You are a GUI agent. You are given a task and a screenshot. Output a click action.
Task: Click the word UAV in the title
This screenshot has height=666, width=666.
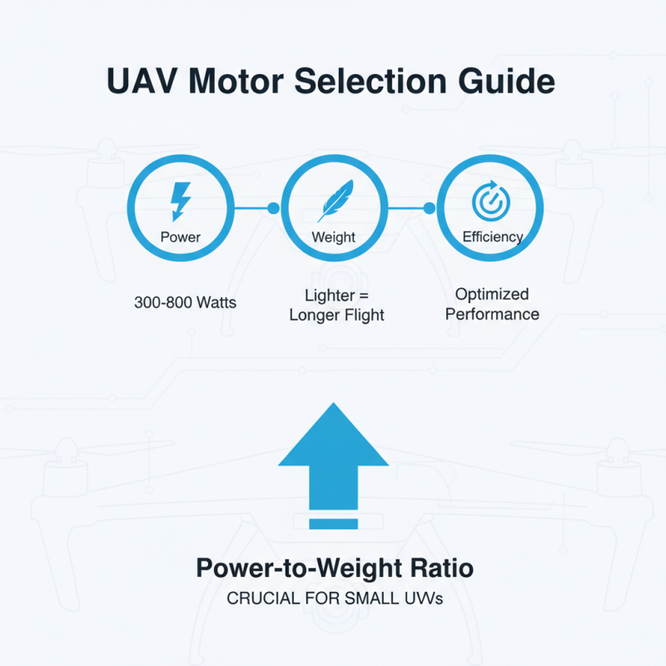click(x=142, y=81)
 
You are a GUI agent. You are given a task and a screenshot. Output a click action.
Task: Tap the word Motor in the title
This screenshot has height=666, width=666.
click(x=236, y=81)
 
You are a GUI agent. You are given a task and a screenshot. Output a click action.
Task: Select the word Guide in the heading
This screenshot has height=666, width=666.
click(x=506, y=81)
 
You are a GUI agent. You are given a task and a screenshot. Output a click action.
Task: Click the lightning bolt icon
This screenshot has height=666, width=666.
click(x=181, y=201)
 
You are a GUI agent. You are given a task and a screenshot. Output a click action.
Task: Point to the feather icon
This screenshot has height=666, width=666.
click(x=335, y=201)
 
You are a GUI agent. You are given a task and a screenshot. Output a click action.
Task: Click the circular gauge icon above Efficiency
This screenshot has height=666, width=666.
click(x=491, y=201)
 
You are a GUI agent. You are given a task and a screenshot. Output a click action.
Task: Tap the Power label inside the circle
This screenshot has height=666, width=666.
click(x=181, y=237)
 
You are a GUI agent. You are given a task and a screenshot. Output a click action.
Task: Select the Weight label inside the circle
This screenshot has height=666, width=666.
click(x=334, y=237)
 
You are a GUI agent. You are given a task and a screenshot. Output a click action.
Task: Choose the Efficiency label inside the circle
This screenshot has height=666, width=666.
click(x=492, y=237)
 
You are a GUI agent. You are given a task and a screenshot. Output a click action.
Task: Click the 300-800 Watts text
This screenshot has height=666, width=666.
click(x=185, y=302)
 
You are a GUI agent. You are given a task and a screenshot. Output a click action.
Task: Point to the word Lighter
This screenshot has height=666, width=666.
click(x=330, y=296)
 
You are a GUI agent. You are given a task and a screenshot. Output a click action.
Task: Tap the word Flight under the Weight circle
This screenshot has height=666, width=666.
click(x=365, y=316)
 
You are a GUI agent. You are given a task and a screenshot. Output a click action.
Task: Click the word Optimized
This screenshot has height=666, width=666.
click(x=492, y=294)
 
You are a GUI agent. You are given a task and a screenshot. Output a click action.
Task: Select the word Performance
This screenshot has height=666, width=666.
click(x=492, y=315)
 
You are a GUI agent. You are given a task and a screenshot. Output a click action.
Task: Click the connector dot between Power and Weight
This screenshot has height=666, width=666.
click(x=274, y=208)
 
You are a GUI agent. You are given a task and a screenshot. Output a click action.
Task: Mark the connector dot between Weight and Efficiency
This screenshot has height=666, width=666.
click(x=430, y=208)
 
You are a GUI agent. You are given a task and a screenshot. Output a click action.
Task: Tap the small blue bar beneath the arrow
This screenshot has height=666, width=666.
click(x=334, y=524)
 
